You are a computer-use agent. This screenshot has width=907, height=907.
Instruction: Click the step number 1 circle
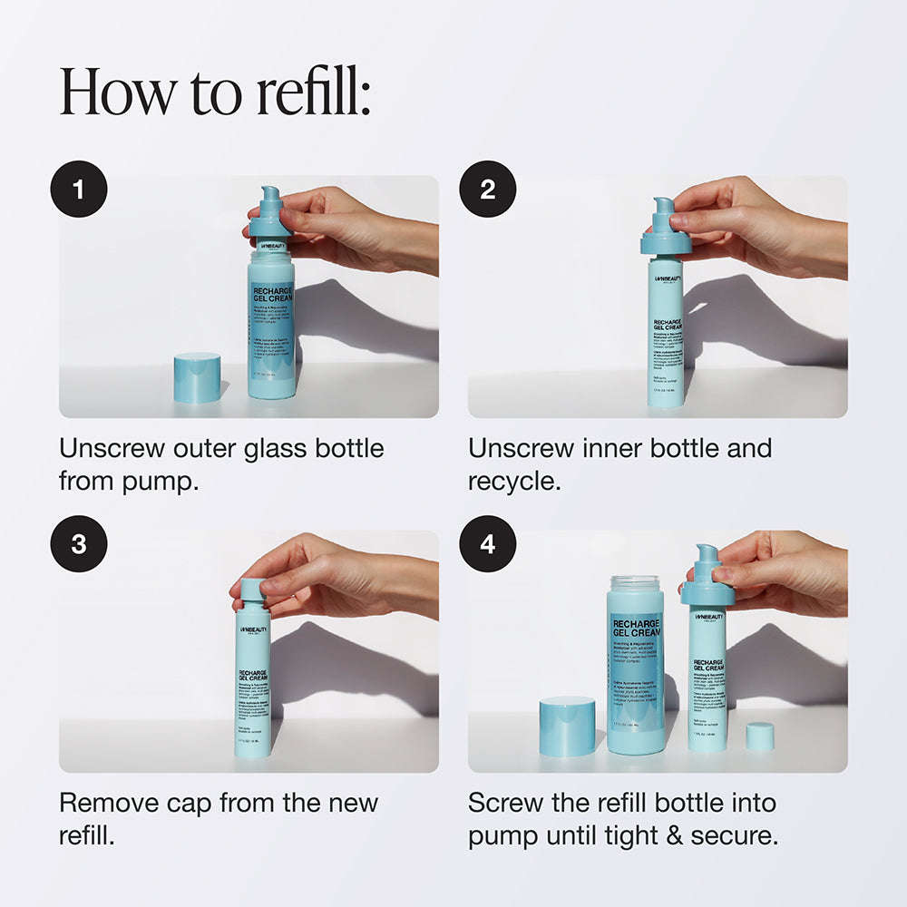click(79, 190)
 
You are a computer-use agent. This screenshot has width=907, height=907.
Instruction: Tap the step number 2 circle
click(488, 190)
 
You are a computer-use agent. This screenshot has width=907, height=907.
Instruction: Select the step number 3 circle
click(79, 544)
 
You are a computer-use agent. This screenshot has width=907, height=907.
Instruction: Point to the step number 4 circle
click(488, 544)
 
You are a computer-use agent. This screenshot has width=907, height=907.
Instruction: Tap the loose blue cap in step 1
click(197, 377)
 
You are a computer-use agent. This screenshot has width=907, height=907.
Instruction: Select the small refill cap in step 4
click(760, 736)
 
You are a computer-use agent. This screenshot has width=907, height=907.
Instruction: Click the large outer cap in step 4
click(567, 726)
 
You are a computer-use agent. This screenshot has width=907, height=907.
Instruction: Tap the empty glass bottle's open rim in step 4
click(635, 581)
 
